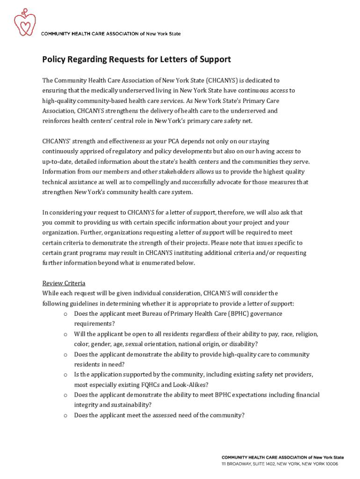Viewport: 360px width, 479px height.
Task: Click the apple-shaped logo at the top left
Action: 24,23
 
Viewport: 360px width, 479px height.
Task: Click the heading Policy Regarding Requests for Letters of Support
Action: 137,59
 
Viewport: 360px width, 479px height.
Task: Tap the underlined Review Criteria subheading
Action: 64,283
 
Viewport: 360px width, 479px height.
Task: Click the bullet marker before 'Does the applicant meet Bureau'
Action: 65,314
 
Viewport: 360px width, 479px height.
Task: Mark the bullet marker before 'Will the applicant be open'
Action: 65,334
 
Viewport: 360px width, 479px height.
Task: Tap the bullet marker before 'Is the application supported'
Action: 65,375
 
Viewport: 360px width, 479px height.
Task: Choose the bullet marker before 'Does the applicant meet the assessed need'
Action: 65,415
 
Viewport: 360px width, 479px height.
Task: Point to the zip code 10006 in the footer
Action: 331,464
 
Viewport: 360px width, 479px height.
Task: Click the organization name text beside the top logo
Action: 111,34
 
